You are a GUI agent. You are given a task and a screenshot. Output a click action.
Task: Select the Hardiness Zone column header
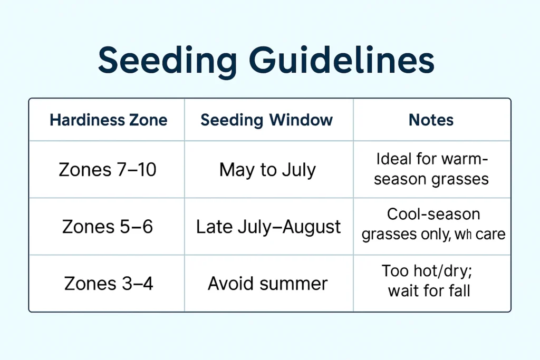108,120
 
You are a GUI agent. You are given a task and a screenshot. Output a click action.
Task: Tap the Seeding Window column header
267,120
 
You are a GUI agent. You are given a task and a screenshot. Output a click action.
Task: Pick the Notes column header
431,120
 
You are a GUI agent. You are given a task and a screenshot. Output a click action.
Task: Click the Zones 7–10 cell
108,170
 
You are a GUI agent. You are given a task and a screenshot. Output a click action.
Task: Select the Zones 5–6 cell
108,227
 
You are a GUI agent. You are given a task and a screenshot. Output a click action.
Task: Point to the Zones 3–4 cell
109,284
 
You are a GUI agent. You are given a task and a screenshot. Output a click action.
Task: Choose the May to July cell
267,170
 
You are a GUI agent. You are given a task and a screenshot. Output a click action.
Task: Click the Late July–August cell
268,227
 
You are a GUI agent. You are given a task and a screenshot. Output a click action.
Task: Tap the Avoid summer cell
267,284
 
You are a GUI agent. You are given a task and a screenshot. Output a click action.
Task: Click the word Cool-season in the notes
433,215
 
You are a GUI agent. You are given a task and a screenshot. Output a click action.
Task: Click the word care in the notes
490,234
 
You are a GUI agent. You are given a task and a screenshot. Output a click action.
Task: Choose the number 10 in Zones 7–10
145,170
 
